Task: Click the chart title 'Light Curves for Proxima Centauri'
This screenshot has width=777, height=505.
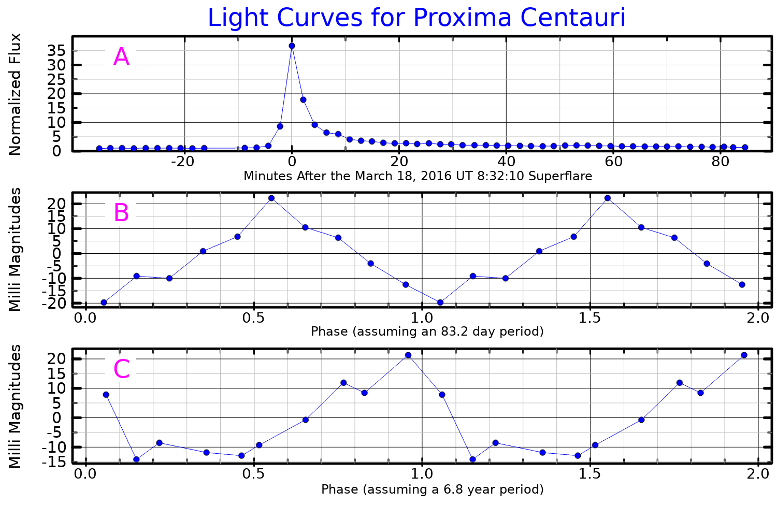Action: pyautogui.click(x=416, y=18)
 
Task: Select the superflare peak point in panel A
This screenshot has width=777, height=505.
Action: pyautogui.click(x=292, y=46)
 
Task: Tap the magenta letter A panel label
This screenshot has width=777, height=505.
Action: pyautogui.click(x=121, y=57)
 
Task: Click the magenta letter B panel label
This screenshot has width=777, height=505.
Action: pyautogui.click(x=121, y=213)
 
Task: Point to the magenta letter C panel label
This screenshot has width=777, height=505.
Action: pyautogui.click(x=121, y=369)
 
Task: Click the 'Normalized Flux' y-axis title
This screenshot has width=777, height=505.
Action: pyautogui.click(x=16, y=94)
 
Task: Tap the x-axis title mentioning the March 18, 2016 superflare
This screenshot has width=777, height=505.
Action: pyautogui.click(x=418, y=176)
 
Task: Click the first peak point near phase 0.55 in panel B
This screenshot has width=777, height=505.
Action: pyautogui.click(x=271, y=198)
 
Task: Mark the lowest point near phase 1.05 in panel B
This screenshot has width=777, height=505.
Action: pyautogui.click(x=440, y=302)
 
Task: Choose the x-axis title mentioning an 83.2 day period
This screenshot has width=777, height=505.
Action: pyautogui.click(x=427, y=331)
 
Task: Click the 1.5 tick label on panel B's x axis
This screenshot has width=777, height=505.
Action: pyautogui.click(x=590, y=317)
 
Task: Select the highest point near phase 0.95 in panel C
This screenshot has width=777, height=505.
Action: pyautogui.click(x=408, y=355)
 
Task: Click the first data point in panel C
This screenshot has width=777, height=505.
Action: pyautogui.click(x=106, y=395)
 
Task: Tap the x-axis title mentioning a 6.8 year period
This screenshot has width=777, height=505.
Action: pyautogui.click(x=432, y=489)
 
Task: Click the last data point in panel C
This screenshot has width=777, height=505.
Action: pyautogui.click(x=744, y=355)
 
